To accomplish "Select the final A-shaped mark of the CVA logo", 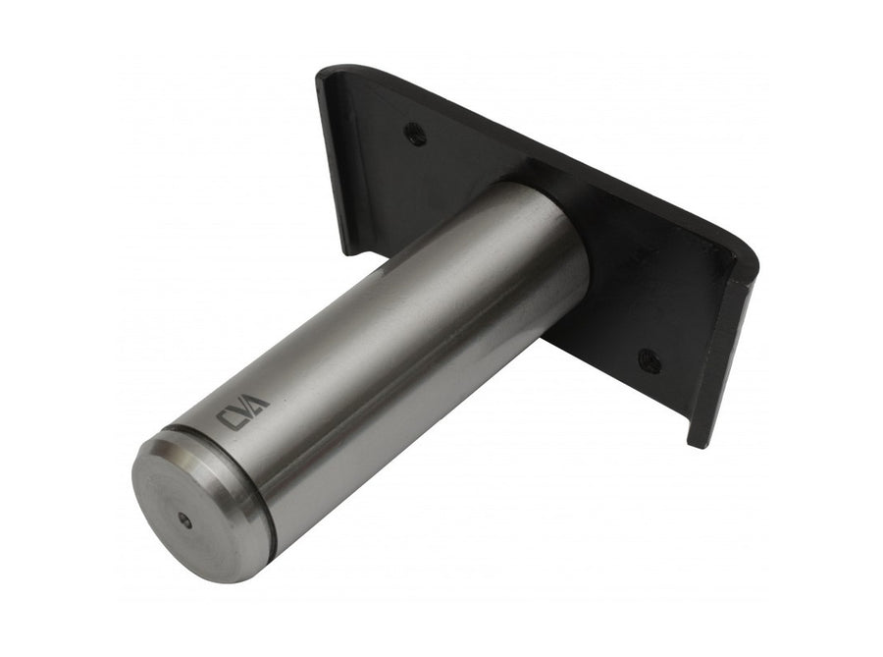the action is click(259, 400).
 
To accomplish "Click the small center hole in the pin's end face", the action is click(183, 521).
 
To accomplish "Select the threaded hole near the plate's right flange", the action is click(649, 359).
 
